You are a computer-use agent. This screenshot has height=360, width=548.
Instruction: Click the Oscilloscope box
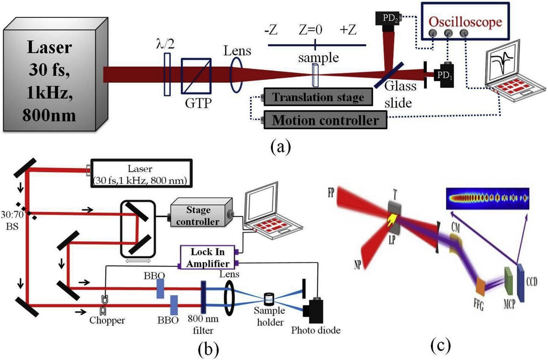[465, 21]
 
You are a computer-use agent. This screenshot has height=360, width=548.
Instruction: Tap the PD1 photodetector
[444, 75]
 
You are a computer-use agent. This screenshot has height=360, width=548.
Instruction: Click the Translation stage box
[318, 97]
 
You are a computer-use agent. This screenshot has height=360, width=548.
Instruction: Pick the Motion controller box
[325, 120]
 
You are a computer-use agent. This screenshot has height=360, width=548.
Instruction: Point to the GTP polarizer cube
[196, 76]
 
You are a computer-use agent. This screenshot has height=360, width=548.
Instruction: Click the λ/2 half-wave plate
[167, 74]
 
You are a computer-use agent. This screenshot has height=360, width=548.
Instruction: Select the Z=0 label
[310, 30]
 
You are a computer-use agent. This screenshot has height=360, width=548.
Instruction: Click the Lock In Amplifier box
[207, 258]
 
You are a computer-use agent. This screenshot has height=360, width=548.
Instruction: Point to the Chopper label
[107, 320]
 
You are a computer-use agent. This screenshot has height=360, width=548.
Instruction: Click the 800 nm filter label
[203, 324]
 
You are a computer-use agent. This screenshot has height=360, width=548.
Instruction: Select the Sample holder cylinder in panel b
[269, 299]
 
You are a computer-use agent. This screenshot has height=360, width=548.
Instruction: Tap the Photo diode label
[316, 330]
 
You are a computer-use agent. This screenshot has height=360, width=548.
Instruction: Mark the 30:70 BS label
[12, 220]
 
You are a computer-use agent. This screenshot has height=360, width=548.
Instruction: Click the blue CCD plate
[521, 283]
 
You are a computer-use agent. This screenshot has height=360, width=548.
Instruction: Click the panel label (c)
[441, 346]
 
